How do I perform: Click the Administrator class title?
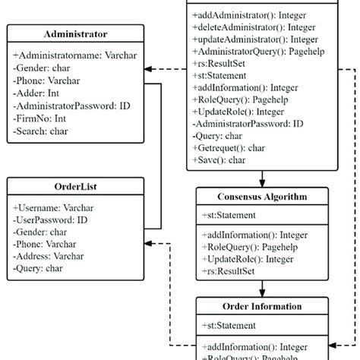pos(75,34)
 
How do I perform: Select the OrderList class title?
pos(75,187)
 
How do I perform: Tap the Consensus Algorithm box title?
pos(262,197)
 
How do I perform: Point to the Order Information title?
pos(262,307)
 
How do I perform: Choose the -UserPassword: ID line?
pos(50,219)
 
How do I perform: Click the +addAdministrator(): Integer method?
pos(250,14)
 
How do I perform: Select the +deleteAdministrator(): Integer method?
pos(254,27)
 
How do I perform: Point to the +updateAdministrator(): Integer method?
pos(255,39)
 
